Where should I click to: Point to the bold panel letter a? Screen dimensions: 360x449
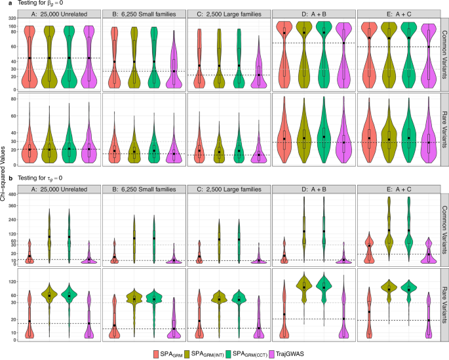coord(4,5)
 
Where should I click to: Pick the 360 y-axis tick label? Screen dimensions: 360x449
coord(11,204)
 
